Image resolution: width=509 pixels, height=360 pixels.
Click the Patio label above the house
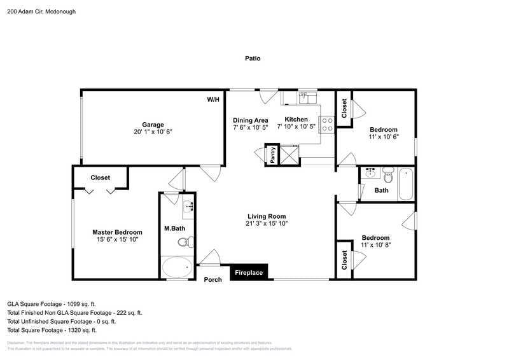(253, 59)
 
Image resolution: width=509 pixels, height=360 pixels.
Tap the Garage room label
(153, 125)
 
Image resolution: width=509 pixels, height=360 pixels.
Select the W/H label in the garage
(213, 100)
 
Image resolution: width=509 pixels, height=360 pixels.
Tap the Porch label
(213, 279)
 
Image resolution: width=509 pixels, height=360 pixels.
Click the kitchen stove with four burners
(328, 124)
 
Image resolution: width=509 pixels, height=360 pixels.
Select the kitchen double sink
(308, 97)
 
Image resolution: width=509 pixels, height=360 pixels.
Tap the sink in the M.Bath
(188, 206)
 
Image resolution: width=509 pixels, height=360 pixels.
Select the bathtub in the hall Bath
(407, 184)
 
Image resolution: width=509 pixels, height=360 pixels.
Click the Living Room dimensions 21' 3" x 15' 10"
(266, 223)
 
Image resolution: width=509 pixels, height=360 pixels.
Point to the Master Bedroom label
(117, 232)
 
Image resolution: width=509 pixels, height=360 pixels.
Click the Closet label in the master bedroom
(100, 177)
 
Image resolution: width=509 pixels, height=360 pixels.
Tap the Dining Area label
(250, 120)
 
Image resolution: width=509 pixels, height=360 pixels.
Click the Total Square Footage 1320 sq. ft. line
(52, 330)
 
